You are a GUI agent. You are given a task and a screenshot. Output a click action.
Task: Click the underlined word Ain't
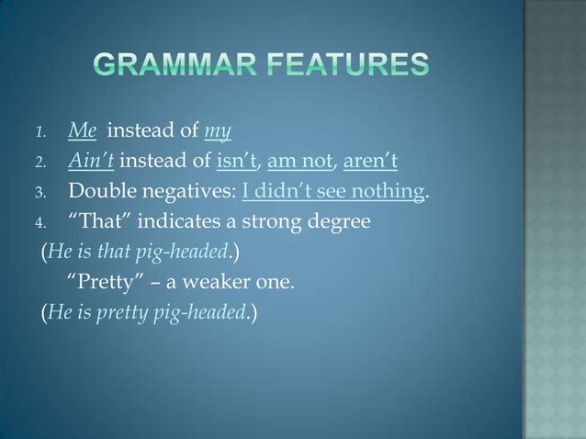(90, 164)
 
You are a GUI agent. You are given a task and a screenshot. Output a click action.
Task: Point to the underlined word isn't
(238, 164)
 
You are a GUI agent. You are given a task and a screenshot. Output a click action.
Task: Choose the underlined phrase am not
(300, 164)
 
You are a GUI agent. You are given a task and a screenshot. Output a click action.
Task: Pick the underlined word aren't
(370, 164)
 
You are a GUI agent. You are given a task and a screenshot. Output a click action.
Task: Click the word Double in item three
(101, 193)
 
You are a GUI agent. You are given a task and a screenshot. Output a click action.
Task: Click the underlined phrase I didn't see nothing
(333, 193)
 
